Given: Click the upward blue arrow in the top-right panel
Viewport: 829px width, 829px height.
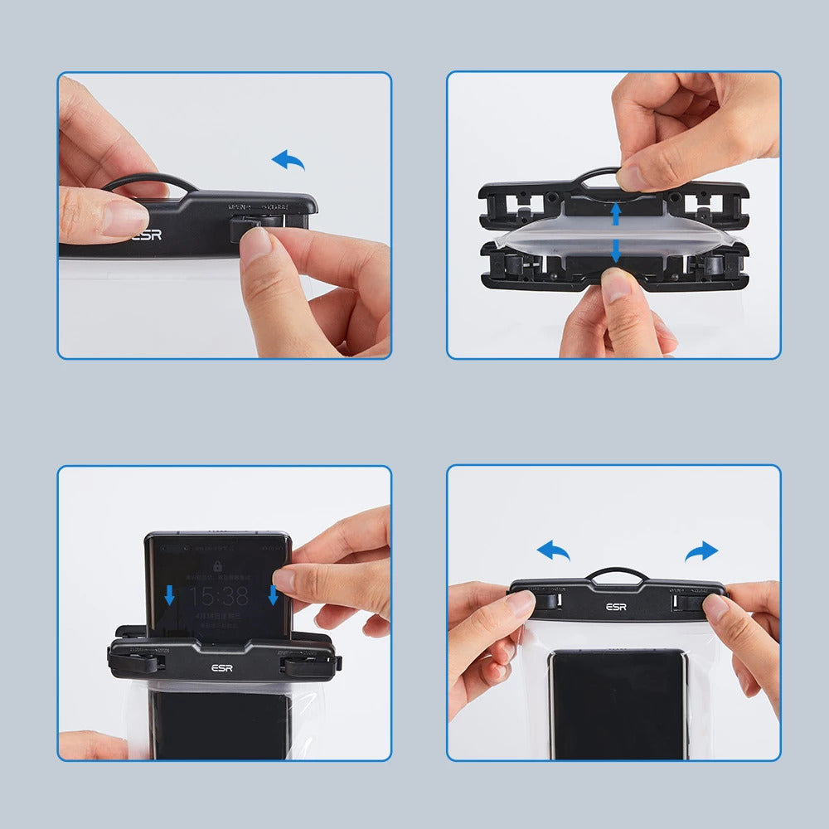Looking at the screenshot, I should point(615,215).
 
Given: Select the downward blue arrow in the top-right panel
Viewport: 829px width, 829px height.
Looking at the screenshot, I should point(615,250).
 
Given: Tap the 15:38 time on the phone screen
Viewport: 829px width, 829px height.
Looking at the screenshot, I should point(218,596).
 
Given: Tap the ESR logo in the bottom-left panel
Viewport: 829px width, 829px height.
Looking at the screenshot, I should point(222,669).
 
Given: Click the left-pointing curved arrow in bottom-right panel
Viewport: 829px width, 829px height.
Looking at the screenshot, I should point(553,550).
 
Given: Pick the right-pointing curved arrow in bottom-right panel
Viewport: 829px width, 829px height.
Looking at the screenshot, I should point(701,550).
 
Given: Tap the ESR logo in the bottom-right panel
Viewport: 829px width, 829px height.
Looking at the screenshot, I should point(616,607).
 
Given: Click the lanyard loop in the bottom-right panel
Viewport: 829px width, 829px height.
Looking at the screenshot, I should point(617,572).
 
